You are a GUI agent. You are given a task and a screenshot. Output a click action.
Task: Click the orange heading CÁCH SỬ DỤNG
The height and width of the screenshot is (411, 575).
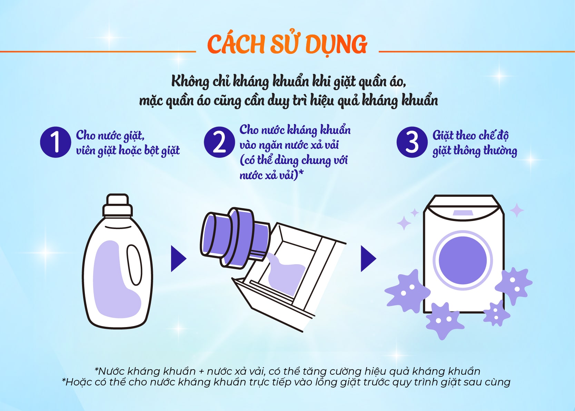tap(287, 45)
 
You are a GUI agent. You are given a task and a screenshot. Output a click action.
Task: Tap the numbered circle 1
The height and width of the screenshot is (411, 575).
tap(56, 142)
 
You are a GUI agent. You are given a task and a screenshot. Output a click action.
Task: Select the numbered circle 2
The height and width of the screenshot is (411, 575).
tap(219, 142)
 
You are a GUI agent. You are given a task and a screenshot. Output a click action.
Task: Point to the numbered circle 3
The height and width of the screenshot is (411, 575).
tap(412, 142)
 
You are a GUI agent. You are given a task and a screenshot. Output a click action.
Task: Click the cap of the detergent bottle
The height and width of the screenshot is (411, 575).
tap(118, 205)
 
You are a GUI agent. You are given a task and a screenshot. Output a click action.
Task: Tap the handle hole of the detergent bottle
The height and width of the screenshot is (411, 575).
tap(135, 265)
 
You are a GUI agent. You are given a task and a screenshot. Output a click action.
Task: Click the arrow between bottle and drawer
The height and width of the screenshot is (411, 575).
tap(178, 259)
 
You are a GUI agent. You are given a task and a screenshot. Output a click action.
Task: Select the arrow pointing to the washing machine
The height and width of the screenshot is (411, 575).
tap(368, 259)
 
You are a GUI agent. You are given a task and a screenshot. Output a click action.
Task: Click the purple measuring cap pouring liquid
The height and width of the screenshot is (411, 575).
tap(235, 238)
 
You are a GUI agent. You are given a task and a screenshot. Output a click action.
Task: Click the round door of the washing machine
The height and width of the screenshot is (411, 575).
tap(463, 260)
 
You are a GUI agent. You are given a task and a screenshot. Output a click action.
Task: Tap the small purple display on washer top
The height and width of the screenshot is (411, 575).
tap(463, 213)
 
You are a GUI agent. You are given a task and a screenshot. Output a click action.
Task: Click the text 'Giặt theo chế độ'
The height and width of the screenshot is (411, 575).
tap(470, 135)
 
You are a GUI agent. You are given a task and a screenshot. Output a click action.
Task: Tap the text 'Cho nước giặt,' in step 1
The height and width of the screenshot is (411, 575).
tap(110, 135)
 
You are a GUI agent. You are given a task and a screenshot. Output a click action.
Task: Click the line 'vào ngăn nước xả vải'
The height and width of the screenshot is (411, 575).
tap(289, 145)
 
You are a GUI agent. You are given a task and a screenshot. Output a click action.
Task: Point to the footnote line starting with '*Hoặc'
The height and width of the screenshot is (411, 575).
tap(286, 382)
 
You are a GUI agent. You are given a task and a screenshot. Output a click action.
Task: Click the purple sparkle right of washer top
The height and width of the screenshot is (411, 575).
tap(517, 210)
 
